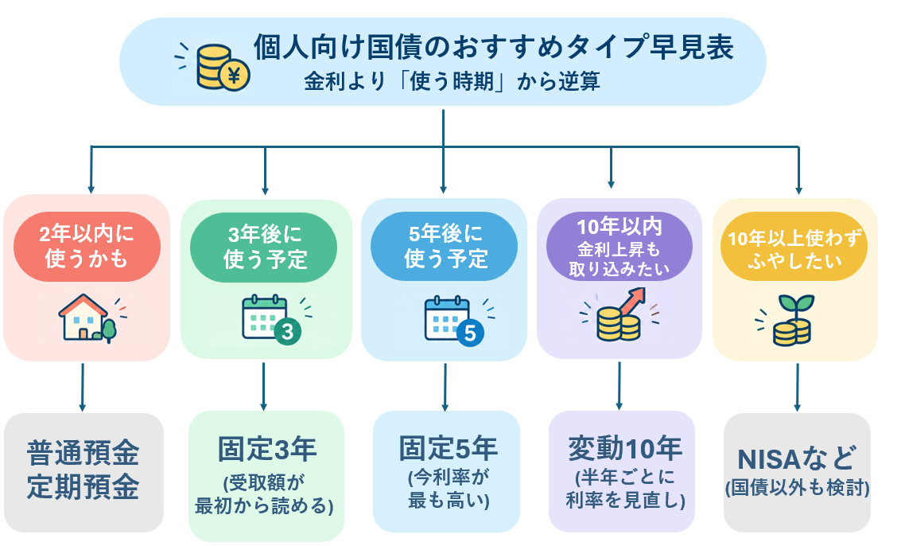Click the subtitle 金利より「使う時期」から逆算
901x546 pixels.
coord(452,81)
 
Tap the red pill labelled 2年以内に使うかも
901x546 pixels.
coord(87,246)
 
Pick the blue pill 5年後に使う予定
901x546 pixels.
coord(445,246)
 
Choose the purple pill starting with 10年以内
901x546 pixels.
coord(619,246)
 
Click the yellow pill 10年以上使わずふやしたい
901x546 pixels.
coord(794,246)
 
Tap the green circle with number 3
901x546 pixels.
coord(287,331)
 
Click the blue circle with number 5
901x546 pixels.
coord(470,333)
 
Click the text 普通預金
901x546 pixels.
coord(83,454)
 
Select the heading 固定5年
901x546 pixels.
coord(449,449)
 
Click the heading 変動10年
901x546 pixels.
coord(624,449)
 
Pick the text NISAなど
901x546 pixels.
coord(797,458)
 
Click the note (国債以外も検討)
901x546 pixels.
coord(797,488)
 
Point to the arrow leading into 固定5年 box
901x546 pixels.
coord(445,387)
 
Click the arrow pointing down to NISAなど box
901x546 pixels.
coord(797,387)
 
